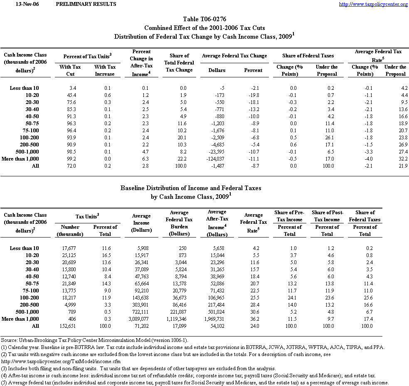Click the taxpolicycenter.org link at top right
(373, 4)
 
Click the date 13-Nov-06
(16, 4)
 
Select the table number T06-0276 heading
(204, 19)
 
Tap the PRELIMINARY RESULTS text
(86, 4)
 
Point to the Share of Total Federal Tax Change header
(179, 63)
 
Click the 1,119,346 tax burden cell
(180, 319)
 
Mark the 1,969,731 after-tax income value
(217, 319)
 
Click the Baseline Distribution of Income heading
(191, 188)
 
